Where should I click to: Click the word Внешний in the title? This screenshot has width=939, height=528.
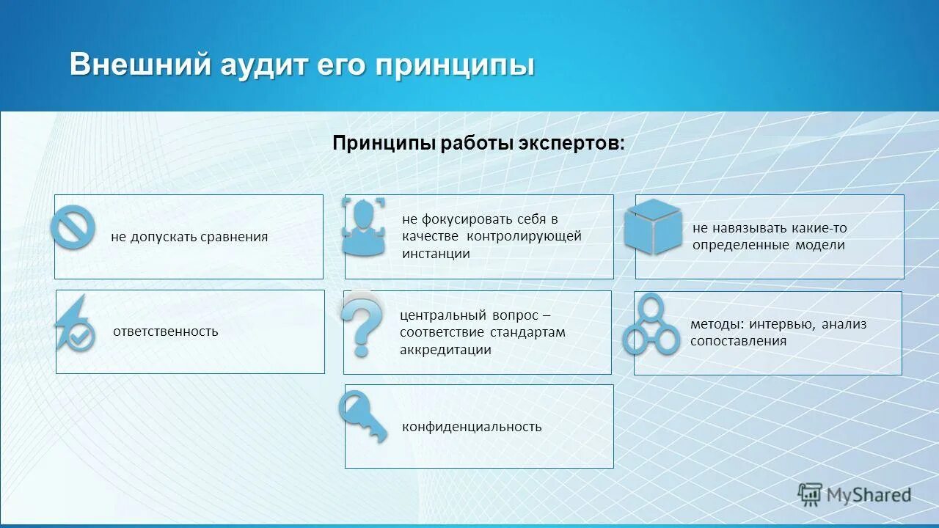tap(139, 65)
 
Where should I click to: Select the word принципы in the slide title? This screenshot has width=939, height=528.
tap(455, 66)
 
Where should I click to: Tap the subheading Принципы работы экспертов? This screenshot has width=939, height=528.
tap(478, 143)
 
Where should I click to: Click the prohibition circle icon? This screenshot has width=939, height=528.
tap(73, 227)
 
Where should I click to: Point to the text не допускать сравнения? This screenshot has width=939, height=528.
tap(189, 237)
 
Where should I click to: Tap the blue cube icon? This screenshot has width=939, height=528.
tap(653, 227)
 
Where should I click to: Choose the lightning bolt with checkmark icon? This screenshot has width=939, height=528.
tap(74, 324)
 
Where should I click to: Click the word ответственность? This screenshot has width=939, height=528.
tap(166, 331)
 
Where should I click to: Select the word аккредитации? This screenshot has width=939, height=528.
tap(445, 350)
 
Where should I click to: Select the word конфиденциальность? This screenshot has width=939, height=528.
tap(472, 427)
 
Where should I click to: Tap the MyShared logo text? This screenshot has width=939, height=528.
tap(869, 495)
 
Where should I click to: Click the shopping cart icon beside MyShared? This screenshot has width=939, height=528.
tap(810, 494)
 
